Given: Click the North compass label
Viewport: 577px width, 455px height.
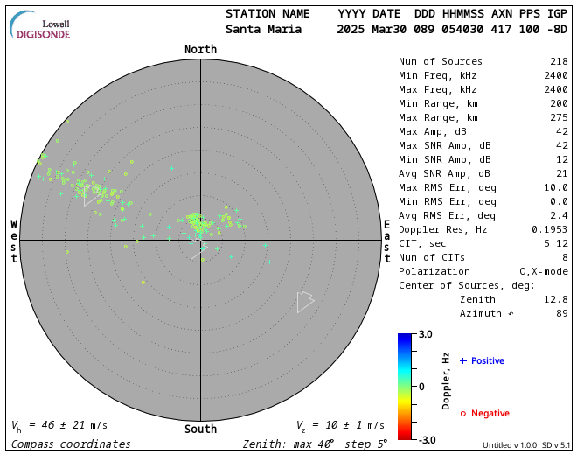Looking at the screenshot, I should pos(200,50).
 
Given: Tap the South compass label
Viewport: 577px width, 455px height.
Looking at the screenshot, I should pos(200,429).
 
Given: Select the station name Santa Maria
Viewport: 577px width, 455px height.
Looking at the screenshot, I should pos(263,29).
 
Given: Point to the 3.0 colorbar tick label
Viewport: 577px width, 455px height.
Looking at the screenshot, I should pos(425,334).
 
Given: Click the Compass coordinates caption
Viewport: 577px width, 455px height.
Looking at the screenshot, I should pos(71,444).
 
